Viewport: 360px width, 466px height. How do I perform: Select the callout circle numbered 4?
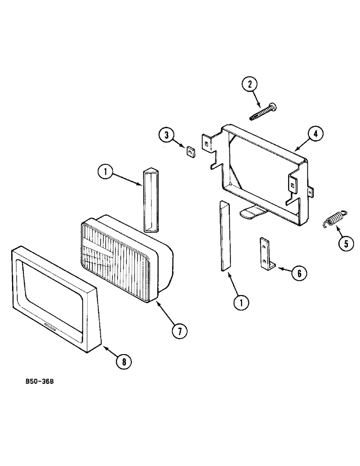click(x=316, y=133)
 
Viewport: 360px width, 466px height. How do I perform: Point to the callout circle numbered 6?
click(x=299, y=273)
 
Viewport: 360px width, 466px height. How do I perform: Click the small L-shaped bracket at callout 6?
click(x=266, y=254)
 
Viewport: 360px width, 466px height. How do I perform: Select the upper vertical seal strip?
click(x=150, y=199)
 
